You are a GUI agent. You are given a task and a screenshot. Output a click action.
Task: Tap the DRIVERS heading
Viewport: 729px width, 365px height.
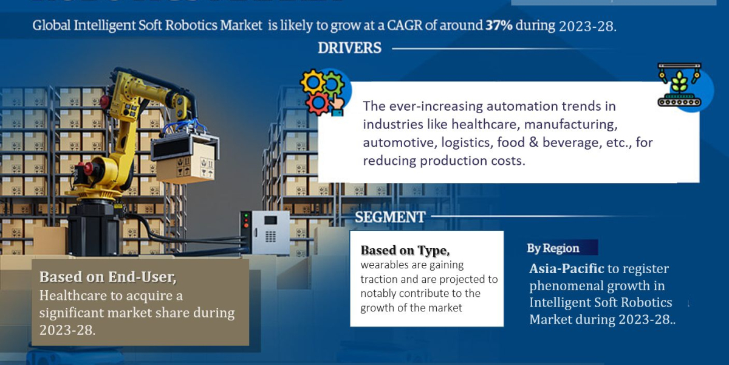[x=349, y=47]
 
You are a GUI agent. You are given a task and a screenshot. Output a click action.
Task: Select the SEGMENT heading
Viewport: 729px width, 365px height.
[x=390, y=217]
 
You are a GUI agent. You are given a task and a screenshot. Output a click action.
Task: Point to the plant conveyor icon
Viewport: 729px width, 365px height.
[x=679, y=85]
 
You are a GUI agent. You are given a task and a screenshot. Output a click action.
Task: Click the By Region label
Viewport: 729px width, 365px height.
[x=553, y=248]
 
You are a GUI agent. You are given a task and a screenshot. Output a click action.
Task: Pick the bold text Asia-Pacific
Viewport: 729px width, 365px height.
[x=567, y=268]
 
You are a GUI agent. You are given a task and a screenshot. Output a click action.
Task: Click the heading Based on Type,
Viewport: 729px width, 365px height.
[x=405, y=250]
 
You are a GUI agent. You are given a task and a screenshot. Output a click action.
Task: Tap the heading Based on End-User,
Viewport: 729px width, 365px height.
[x=108, y=277]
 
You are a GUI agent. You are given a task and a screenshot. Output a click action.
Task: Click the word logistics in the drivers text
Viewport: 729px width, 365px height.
[x=467, y=142]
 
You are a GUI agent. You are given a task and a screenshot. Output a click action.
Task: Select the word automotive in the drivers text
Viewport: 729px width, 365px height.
[x=395, y=142]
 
